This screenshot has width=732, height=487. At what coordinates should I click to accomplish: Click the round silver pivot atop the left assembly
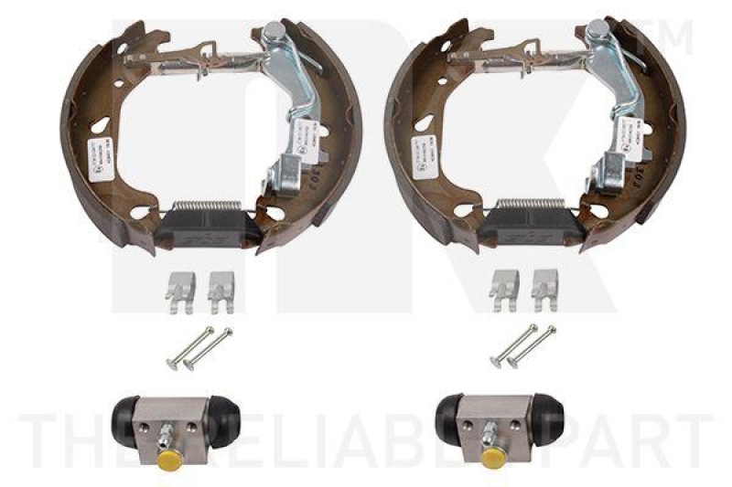(273, 30)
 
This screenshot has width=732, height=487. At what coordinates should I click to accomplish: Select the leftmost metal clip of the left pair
(181, 285)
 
